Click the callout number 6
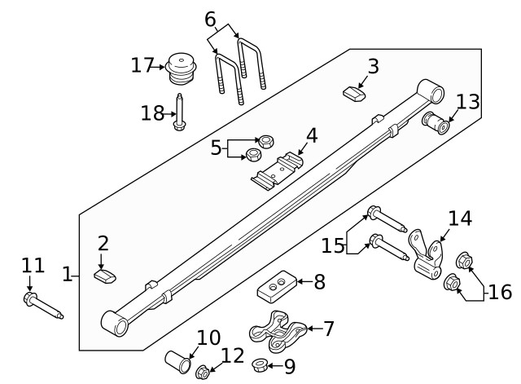210,18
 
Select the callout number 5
216,148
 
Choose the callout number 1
68,275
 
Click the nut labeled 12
203,373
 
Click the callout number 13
468,102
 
